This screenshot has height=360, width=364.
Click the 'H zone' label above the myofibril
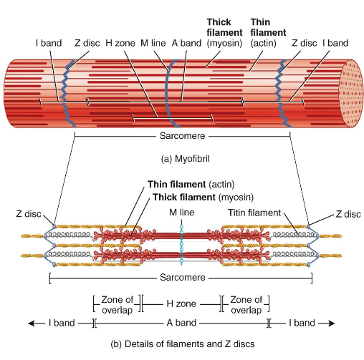(x=118, y=43)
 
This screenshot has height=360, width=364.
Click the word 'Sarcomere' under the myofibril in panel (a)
(x=182, y=134)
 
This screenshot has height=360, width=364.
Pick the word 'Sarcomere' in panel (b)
(x=182, y=277)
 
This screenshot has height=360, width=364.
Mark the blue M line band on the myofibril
(x=170, y=93)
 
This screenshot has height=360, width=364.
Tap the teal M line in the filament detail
(x=182, y=243)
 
